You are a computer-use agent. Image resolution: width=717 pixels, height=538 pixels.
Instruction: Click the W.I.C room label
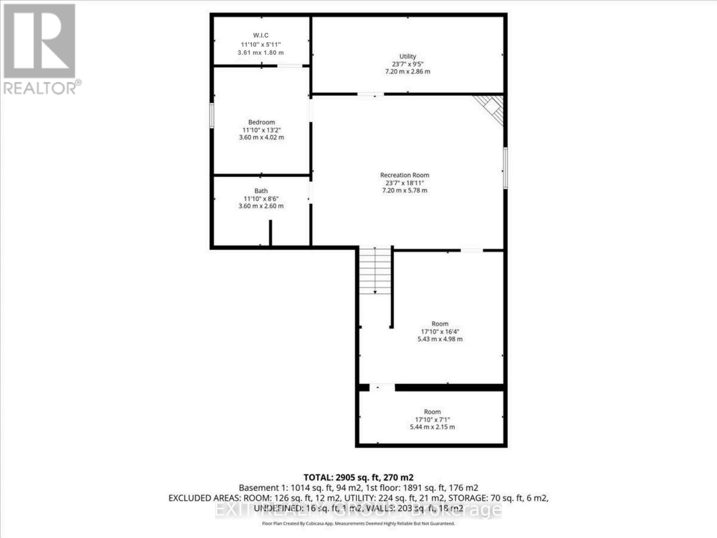click(x=260, y=35)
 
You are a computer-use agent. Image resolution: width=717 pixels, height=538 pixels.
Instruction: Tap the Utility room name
click(x=407, y=56)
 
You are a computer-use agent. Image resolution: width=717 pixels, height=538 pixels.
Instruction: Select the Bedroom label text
click(x=261, y=122)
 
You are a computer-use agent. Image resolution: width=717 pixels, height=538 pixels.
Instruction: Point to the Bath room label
click(x=261, y=191)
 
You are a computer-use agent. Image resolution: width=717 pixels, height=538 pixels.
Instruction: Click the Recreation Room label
click(x=404, y=175)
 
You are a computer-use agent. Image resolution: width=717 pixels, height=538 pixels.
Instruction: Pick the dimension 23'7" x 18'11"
click(x=404, y=183)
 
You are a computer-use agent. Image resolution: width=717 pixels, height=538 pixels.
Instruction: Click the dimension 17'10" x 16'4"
click(x=440, y=332)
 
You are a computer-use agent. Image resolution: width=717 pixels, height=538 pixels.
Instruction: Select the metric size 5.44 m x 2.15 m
click(x=432, y=427)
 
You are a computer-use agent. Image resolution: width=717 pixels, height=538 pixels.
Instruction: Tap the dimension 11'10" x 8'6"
click(x=261, y=199)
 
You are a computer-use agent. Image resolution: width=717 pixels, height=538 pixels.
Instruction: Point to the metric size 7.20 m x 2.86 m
click(x=407, y=72)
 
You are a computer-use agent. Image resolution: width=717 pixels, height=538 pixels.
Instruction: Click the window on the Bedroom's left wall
click(x=212, y=116)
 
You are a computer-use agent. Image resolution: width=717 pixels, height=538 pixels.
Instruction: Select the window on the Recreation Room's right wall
click(x=505, y=168)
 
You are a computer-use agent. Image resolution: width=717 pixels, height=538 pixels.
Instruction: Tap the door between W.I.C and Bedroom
click(x=289, y=66)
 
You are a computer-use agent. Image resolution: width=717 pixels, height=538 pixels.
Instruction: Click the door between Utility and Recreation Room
click(x=371, y=94)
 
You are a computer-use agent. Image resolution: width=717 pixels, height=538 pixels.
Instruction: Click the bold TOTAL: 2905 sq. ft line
click(x=358, y=477)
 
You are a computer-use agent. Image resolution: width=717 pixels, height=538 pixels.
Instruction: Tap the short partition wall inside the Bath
click(x=270, y=233)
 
